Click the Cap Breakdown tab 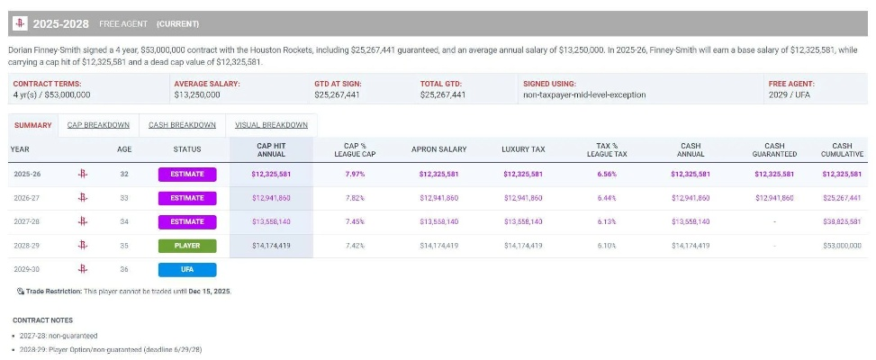pyautogui.click(x=98, y=125)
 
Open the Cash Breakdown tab pyautogui.click(x=182, y=125)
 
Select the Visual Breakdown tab pyautogui.click(x=272, y=125)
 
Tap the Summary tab pyautogui.click(x=33, y=125)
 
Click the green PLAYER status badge pyautogui.click(x=187, y=246)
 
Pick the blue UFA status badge pyautogui.click(x=187, y=270)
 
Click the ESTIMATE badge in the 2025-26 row pyautogui.click(x=187, y=174)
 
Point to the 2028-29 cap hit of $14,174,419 pyautogui.click(x=271, y=246)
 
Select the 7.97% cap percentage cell pyautogui.click(x=355, y=174)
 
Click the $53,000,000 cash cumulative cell pyautogui.click(x=842, y=246)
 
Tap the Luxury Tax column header pyautogui.click(x=523, y=149)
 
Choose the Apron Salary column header pyautogui.click(x=438, y=149)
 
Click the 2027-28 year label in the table pyautogui.click(x=26, y=221)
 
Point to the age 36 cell pyautogui.click(x=124, y=270)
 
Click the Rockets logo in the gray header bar pyautogui.click(x=20, y=23)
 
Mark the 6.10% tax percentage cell pyautogui.click(x=607, y=246)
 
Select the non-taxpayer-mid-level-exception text pyautogui.click(x=584, y=94)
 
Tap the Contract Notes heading pyautogui.click(x=42, y=320)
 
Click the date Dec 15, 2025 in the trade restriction pyautogui.click(x=210, y=292)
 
